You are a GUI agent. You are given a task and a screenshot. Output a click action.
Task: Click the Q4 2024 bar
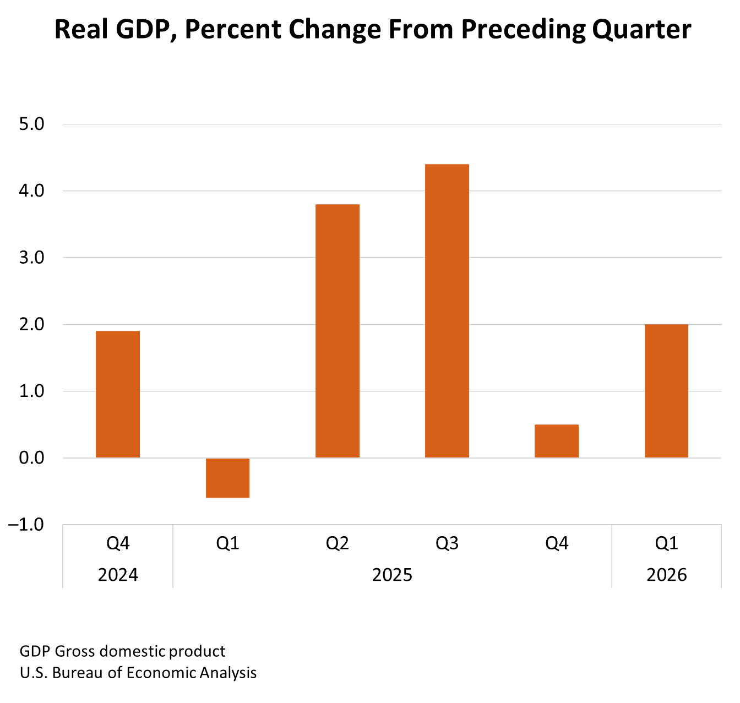point(118,394)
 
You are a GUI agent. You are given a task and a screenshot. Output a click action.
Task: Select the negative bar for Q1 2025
point(227,478)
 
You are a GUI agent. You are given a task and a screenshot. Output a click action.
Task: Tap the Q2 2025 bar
point(337,331)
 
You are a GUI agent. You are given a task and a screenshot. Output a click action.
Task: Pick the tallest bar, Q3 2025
point(447,311)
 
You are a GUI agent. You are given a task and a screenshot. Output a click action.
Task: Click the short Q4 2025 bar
point(557,441)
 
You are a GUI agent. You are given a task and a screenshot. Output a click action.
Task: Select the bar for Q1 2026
point(666,391)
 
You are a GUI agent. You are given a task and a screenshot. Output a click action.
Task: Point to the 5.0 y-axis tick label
point(31,124)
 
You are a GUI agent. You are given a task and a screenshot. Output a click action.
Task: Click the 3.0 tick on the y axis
point(31,258)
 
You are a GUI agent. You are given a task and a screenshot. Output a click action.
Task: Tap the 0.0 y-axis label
point(31,458)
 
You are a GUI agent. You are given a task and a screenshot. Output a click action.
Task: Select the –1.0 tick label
point(26,525)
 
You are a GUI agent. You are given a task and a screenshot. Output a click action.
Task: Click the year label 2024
point(118,575)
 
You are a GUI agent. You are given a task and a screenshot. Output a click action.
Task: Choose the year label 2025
point(392,575)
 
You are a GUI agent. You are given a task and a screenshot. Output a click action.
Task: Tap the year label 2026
point(666,575)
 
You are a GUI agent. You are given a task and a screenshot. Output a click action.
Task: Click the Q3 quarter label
point(447,544)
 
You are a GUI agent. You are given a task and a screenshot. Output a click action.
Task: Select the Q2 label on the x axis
point(337,544)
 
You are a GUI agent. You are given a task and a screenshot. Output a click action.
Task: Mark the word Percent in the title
point(232,29)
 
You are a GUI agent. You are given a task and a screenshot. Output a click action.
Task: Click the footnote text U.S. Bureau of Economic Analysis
point(138,673)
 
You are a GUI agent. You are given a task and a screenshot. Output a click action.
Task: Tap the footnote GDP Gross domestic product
point(122,652)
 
